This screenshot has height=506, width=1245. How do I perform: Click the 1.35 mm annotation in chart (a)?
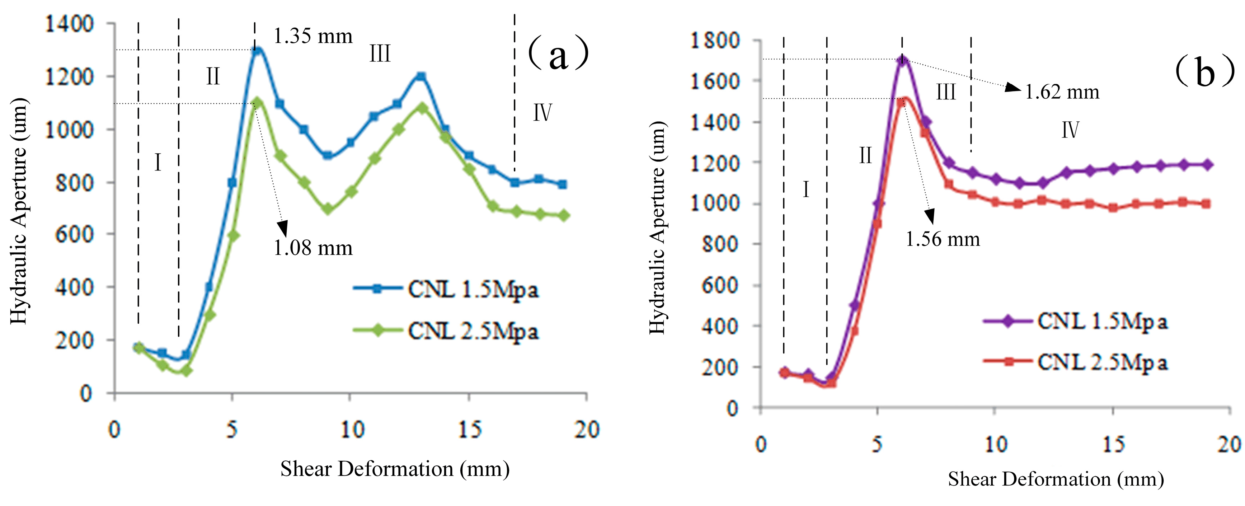point(313,36)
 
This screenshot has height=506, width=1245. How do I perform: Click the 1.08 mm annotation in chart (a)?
point(313,248)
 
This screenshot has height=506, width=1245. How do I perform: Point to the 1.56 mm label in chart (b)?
point(943,239)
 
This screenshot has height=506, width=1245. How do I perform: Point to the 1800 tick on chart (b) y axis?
point(714,40)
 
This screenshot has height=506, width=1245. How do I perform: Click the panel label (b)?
point(1204,71)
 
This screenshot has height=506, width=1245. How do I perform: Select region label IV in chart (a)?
point(542,113)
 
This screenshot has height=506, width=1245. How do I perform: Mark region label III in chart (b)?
point(945,92)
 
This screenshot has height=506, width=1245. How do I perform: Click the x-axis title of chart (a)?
point(395,469)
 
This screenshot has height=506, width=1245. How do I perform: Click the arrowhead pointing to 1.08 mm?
point(282,228)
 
